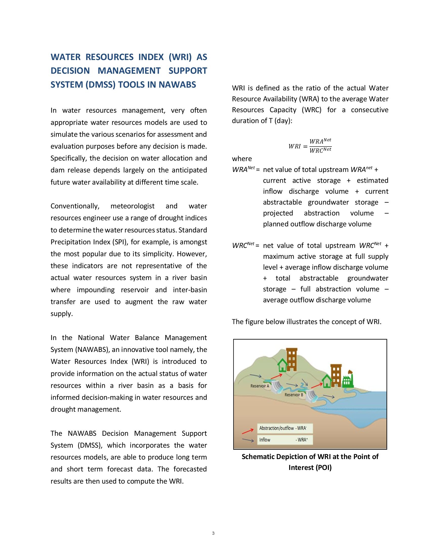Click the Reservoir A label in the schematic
(260, 386)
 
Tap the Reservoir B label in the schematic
(294, 395)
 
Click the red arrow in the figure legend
(248, 431)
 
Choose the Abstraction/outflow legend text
(276, 428)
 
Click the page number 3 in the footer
(213, 533)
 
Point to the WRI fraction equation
(310, 146)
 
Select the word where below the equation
(242, 159)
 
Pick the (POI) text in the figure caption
(324, 467)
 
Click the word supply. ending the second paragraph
(62, 314)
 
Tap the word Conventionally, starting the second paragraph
(75, 206)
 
